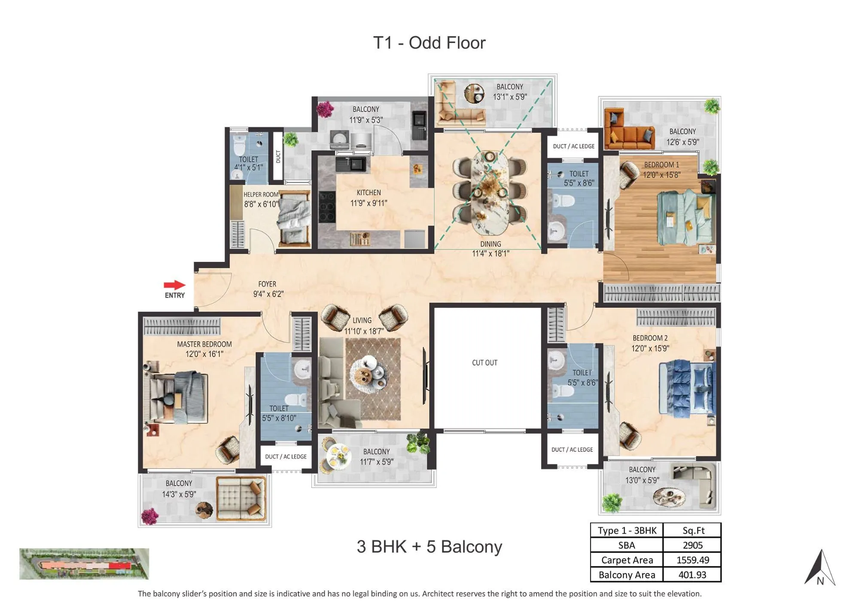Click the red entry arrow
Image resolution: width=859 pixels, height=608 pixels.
[174, 285]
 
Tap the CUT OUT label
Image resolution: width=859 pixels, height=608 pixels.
[484, 362]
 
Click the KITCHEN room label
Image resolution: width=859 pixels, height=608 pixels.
[369, 193]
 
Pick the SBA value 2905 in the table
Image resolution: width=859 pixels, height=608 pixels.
[692, 545]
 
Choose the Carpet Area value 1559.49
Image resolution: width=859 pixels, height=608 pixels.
[692, 560]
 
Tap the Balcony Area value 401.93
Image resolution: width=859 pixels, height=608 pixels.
[692, 574]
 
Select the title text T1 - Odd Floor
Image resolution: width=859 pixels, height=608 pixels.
[429, 43]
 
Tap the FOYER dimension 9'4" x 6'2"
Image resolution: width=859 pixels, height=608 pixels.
[268, 294]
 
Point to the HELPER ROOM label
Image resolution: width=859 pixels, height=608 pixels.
[261, 194]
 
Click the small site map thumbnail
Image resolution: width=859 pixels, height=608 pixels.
[84, 564]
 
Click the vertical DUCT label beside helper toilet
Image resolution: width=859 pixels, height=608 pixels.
[278, 157]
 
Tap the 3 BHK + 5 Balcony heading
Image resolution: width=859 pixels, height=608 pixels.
[429, 547]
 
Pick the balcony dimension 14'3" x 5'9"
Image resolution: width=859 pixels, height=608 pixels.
[179, 494]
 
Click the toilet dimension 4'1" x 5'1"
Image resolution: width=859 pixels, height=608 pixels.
[248, 167]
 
